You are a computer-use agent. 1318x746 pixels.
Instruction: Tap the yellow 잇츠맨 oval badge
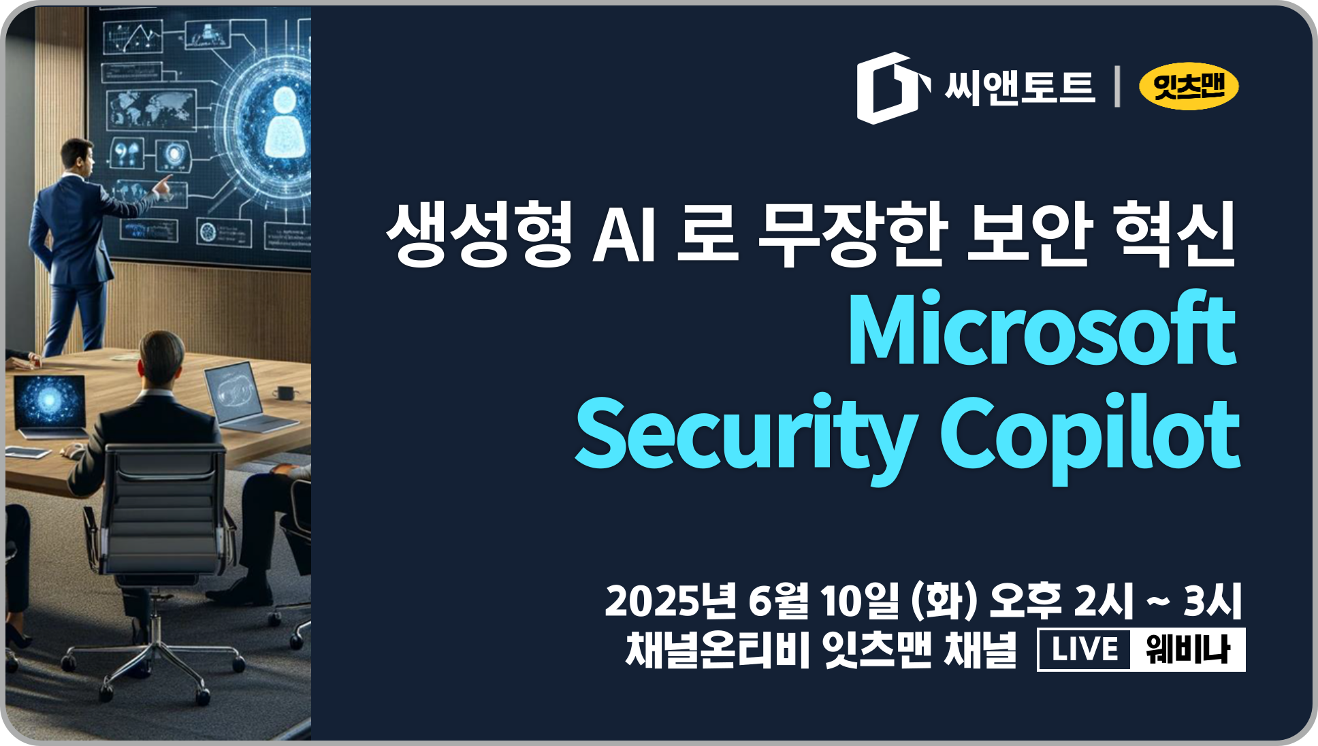tap(1189, 86)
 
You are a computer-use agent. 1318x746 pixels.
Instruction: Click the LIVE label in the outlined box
tap(1084, 650)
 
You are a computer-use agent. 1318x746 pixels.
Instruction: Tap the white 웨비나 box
tap(1188, 650)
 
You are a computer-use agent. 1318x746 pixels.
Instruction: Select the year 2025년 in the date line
tap(671, 600)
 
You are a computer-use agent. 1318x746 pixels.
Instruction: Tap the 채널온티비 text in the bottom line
tap(718, 650)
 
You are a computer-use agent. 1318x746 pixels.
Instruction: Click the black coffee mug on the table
tap(285, 393)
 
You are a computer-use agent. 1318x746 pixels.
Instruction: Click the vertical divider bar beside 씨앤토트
tap(1117, 86)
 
